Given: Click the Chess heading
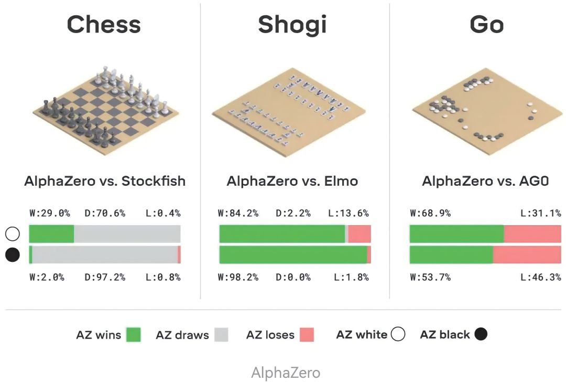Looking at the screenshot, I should (104, 24).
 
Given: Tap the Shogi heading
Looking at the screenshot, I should (292, 24).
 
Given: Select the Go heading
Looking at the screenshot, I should (487, 24).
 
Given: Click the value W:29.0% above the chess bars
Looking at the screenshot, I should (50, 213).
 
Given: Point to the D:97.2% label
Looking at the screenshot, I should (105, 277).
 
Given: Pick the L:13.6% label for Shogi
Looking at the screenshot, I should (349, 213).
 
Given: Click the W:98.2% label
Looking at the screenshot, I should (238, 277).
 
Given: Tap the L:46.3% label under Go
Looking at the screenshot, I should (541, 277).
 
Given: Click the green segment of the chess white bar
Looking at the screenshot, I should (51, 234).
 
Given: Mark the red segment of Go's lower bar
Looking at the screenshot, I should (527, 254).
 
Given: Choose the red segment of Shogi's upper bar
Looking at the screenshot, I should (360, 234).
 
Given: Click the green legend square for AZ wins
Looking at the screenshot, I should (134, 335).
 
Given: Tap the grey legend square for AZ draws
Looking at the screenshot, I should (222, 335).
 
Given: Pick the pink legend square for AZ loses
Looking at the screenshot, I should (307, 335).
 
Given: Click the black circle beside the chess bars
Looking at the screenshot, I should (12, 255).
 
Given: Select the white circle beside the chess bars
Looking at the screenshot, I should (12, 234).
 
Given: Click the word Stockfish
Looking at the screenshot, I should (154, 182).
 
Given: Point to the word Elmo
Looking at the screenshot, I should (341, 182).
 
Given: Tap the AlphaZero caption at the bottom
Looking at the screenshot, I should (286, 373).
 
